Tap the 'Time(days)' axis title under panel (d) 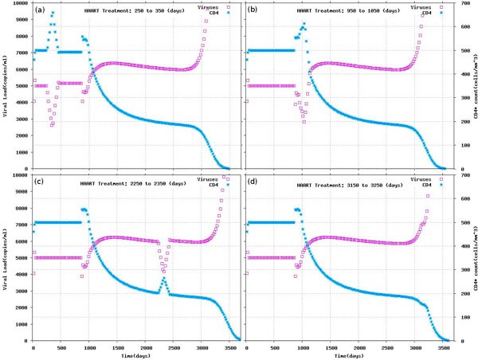[348, 354]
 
